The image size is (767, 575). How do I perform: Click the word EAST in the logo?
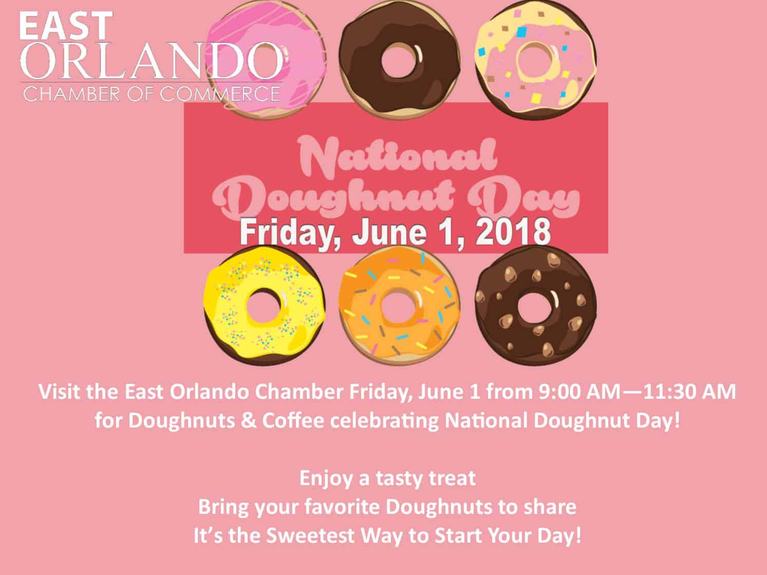(66, 26)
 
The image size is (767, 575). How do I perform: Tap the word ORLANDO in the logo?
(152, 61)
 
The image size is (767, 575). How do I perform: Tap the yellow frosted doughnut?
(265, 306)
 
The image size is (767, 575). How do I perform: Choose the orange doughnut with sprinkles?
(399, 306)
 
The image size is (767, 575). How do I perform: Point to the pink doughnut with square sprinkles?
(536, 60)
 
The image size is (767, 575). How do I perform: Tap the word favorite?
(342, 507)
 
